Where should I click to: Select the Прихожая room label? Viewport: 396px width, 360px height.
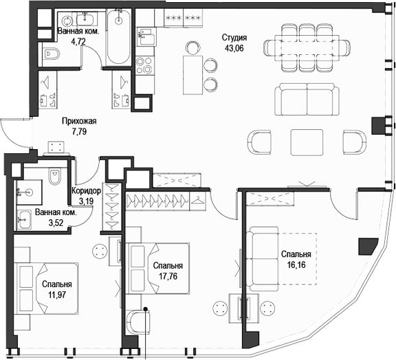(79, 122)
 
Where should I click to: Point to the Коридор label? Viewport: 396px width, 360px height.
(87, 192)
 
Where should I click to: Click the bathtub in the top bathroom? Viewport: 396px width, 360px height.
(119, 38)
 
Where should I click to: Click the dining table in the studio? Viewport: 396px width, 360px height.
(307, 47)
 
